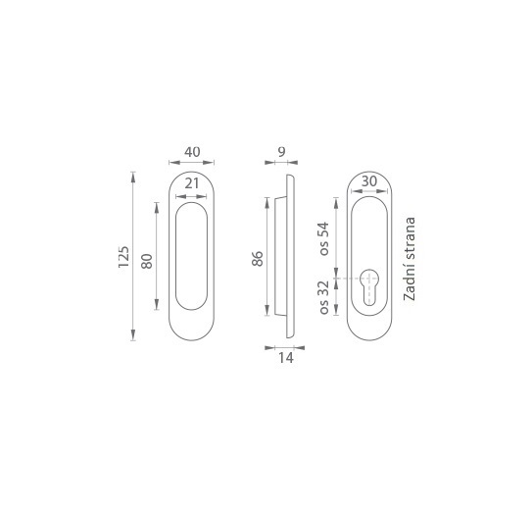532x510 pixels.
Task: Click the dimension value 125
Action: (x=123, y=257)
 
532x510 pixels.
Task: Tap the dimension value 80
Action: (x=147, y=261)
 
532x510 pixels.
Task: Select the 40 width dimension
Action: (x=192, y=152)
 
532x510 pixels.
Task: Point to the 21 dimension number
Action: (x=192, y=183)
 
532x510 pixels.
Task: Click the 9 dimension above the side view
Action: (x=281, y=152)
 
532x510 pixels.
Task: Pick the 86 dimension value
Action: (x=258, y=258)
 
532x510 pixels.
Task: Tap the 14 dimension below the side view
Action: (x=286, y=358)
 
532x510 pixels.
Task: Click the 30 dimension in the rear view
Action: (x=369, y=181)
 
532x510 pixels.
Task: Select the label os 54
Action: (x=324, y=238)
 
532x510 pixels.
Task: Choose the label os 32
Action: (x=324, y=297)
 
